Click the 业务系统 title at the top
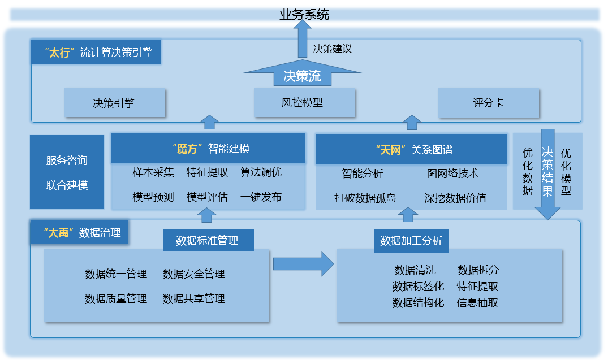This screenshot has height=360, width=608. click(x=304, y=15)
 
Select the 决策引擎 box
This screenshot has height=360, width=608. click(x=115, y=103)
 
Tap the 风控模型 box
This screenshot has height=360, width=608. click(x=304, y=103)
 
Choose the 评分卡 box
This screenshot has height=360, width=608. click(x=489, y=103)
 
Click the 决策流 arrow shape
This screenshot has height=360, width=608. click(x=303, y=73)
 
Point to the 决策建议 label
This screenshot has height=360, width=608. click(x=333, y=49)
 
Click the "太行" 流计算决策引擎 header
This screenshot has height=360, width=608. click(x=96, y=52)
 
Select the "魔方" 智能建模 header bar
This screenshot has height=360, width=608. click(x=208, y=149)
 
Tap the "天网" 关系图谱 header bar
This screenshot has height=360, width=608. click(x=411, y=150)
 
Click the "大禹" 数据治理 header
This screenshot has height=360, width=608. click(x=80, y=232)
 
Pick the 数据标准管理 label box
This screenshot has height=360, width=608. click(x=209, y=241)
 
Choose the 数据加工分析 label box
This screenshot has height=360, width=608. click(x=411, y=241)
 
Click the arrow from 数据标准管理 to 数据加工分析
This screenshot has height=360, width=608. click(x=304, y=264)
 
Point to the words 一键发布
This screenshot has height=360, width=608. click(x=261, y=197)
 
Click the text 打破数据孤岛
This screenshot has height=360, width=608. click(x=365, y=198)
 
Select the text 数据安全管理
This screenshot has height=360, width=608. click(x=193, y=274)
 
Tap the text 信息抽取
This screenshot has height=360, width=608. click(x=477, y=303)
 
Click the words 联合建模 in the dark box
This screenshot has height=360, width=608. click(x=67, y=185)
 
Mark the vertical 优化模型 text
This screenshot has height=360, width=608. click(x=566, y=172)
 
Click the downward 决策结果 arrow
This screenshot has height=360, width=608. click(x=547, y=175)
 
